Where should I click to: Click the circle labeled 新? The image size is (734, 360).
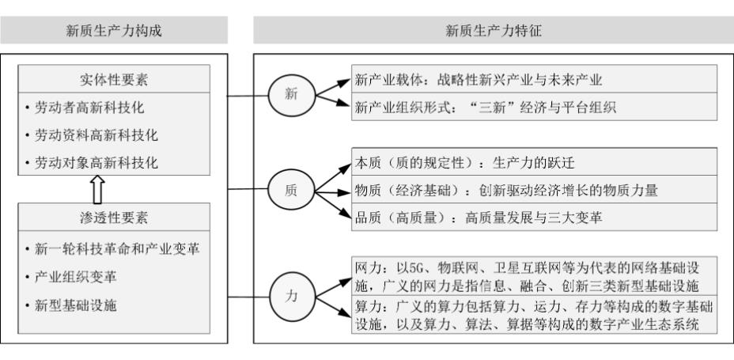[x=291, y=95]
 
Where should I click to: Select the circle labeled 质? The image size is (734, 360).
[x=291, y=191]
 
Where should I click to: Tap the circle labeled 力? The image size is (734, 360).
[x=291, y=297]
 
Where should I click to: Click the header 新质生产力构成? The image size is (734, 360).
[x=114, y=30]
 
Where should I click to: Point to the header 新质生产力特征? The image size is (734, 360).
[x=494, y=30]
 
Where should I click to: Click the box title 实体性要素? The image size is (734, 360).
[x=114, y=80]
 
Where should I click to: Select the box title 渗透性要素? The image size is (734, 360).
[x=114, y=218]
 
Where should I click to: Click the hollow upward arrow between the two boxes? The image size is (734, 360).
[x=97, y=190]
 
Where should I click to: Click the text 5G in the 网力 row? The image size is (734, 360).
[x=416, y=269]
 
